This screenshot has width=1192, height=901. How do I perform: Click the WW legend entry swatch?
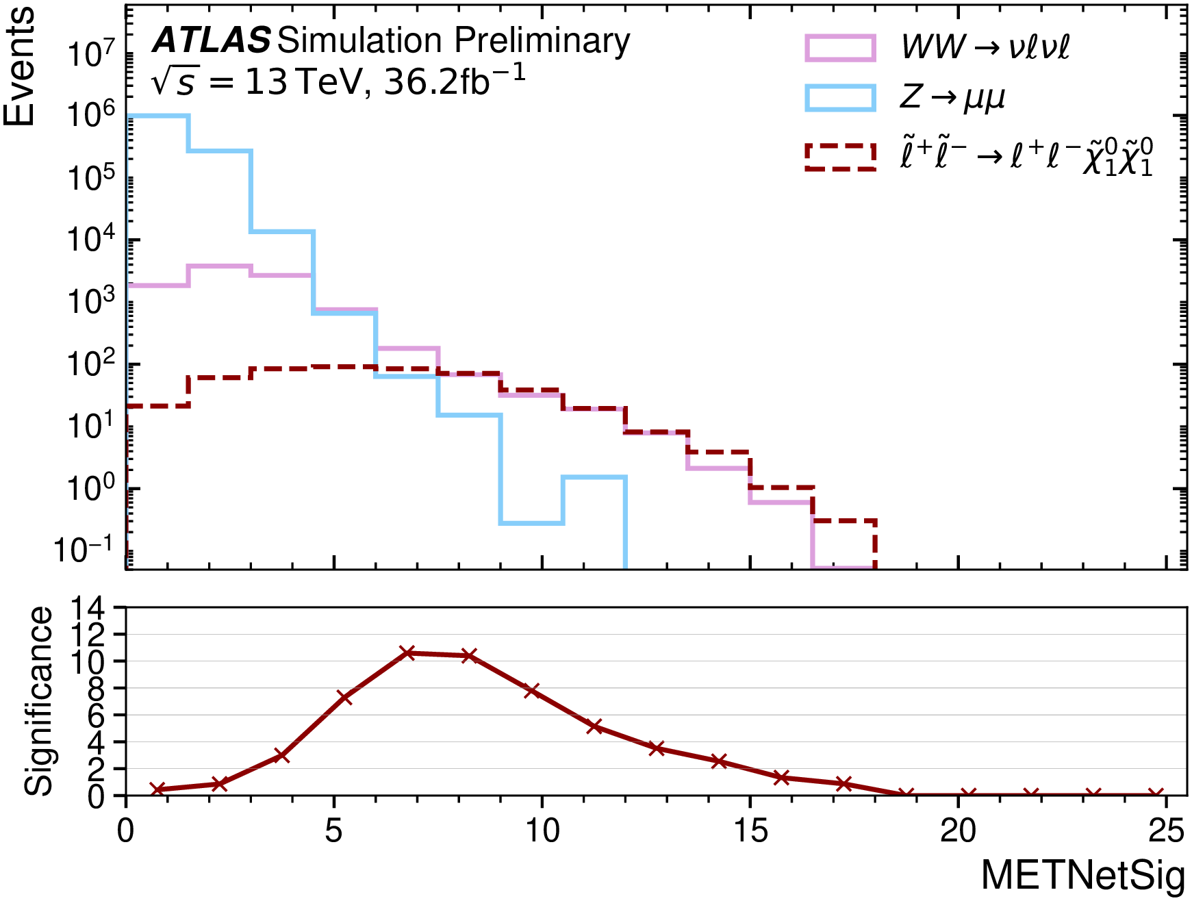(840, 48)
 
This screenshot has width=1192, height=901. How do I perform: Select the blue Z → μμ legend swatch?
(840, 98)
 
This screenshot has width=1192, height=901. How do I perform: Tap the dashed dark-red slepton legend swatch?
(840, 157)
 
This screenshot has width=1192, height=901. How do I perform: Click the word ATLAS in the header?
(212, 41)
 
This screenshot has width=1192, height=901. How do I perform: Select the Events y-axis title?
(19, 67)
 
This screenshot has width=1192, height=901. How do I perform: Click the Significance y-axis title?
(38, 701)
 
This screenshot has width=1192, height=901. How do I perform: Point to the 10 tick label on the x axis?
(542, 831)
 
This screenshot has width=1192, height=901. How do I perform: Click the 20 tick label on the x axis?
(958, 831)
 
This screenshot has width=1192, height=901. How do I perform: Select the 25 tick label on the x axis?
(1166, 831)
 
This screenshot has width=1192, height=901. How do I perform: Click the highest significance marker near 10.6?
(407, 652)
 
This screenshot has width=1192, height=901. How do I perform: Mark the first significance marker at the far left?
(157, 789)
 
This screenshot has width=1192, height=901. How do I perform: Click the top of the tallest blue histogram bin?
(157, 116)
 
